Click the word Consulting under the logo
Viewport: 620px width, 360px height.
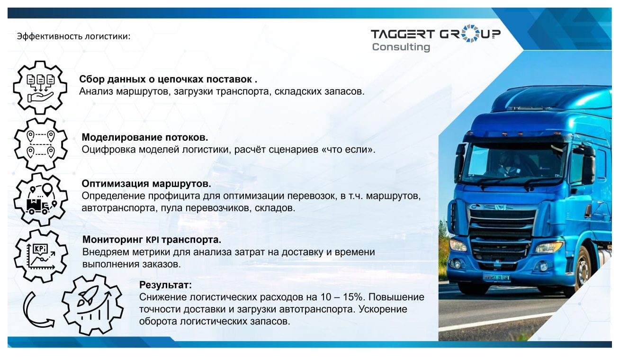pyautogui.click(x=401, y=47)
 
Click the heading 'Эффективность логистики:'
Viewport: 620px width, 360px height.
pyautogui.click(x=73, y=36)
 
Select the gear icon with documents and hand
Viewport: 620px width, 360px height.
pyautogui.click(x=40, y=87)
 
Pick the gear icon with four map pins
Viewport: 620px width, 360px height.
pyautogui.click(x=40, y=144)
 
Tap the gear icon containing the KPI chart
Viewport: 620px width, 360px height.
pyautogui.click(x=40, y=255)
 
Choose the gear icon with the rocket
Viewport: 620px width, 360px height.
pyautogui.click(x=93, y=306)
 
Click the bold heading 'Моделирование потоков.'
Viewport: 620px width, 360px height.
pyautogui.click(x=145, y=137)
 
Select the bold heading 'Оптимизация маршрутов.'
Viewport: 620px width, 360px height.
pyautogui.click(x=146, y=183)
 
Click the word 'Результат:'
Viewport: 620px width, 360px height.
pyautogui.click(x=165, y=285)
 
